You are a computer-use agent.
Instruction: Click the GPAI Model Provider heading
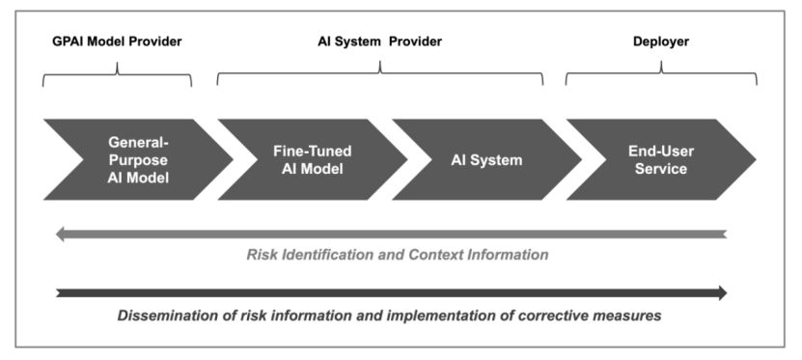click(117, 42)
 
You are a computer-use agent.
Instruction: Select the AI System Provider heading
click(379, 42)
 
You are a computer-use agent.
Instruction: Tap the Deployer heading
click(661, 42)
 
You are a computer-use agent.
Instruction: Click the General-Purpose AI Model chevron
click(138, 159)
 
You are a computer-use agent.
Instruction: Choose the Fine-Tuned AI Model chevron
click(313, 159)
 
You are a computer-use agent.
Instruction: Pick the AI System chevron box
click(487, 159)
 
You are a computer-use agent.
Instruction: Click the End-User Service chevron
click(661, 159)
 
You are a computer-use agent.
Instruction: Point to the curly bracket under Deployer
click(661, 72)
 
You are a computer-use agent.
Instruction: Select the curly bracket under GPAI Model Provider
click(117, 74)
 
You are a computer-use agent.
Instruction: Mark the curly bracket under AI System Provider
click(379, 72)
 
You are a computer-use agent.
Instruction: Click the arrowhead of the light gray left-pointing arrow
click(59, 235)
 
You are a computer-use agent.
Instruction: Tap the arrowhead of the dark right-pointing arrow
click(723, 293)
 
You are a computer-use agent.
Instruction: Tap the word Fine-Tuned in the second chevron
click(313, 152)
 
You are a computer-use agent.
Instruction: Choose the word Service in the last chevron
click(661, 169)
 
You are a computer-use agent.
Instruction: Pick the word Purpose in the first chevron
click(138, 160)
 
